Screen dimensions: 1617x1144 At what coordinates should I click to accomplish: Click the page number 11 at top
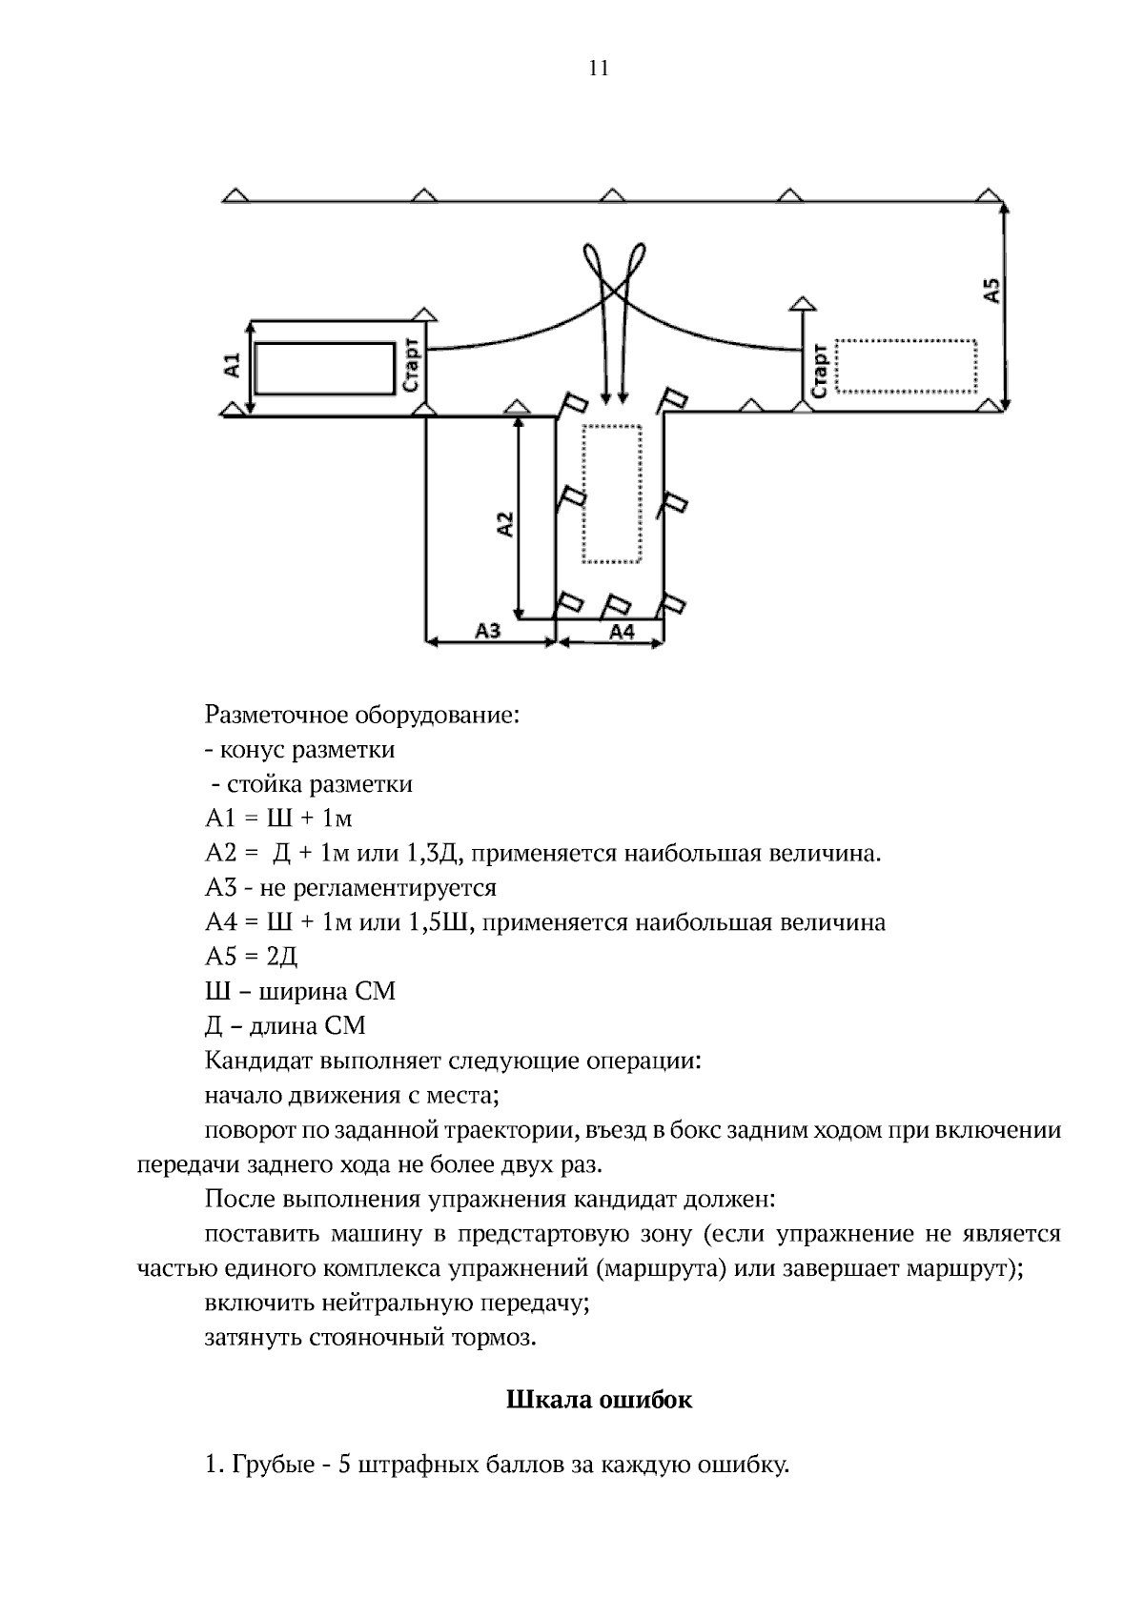click(x=599, y=69)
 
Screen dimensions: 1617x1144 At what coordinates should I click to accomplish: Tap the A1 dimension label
click(x=231, y=366)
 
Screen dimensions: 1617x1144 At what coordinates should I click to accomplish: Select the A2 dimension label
click(x=505, y=523)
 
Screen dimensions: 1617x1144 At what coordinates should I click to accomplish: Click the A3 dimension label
click(x=488, y=631)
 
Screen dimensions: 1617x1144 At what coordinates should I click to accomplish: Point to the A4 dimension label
click(x=621, y=631)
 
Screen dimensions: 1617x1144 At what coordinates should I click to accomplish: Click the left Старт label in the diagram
click(x=411, y=366)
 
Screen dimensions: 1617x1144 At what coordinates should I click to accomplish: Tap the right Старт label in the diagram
click(x=818, y=371)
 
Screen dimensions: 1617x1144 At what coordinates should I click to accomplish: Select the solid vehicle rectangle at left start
click(x=325, y=369)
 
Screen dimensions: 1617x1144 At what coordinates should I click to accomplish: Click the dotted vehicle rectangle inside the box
click(x=612, y=494)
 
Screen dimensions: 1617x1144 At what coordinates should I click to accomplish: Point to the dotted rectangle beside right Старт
click(x=906, y=366)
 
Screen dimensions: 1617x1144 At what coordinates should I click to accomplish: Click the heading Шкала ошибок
click(x=598, y=1401)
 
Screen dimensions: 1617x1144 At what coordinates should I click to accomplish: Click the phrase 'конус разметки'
click(x=306, y=750)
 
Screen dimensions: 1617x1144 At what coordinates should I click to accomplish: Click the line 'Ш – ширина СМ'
click(x=299, y=991)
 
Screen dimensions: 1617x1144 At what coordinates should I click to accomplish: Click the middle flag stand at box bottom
click(x=616, y=604)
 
